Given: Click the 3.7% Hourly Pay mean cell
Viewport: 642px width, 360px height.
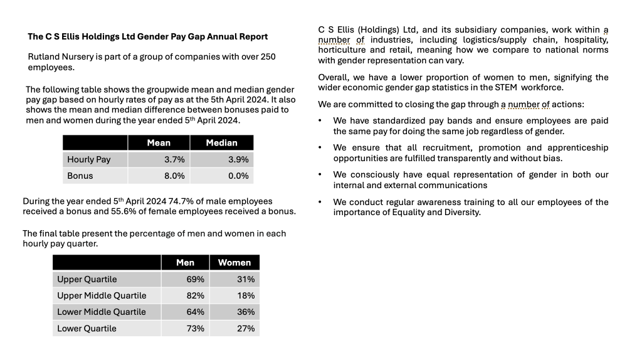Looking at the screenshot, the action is [x=159, y=159].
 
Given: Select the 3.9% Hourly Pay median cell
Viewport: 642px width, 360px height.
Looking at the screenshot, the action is [x=222, y=159].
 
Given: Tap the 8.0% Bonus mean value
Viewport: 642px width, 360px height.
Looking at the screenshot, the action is [x=174, y=176].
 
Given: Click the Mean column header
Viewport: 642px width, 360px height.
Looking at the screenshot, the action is [x=159, y=142].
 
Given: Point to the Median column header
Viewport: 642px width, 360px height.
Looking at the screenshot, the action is [x=222, y=142].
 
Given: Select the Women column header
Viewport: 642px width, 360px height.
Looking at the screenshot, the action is [x=234, y=263].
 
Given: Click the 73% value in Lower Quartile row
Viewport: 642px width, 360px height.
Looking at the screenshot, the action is [x=196, y=329].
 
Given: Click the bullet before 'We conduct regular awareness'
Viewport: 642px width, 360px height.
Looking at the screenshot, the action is [x=320, y=202].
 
